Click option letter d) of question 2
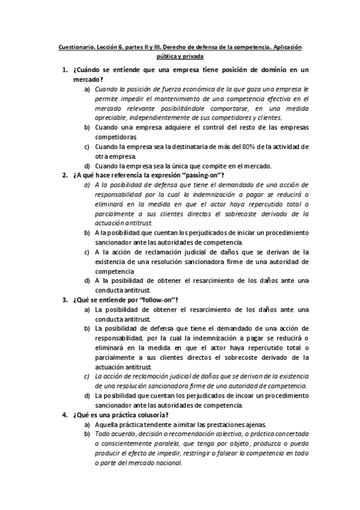87,280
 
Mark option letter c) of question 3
87,376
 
